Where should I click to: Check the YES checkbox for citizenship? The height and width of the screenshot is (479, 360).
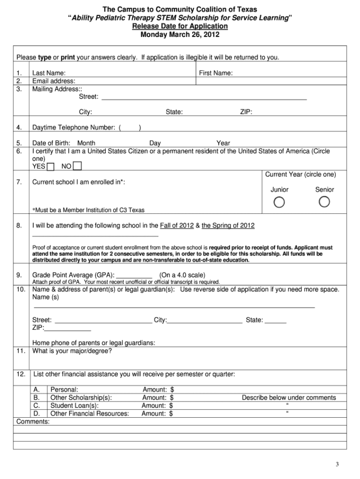pos(51,166)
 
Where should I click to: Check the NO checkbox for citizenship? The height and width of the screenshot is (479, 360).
pos(78,166)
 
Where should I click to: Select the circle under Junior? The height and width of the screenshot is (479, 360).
pos(279,202)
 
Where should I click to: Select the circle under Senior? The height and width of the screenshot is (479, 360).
pos(324,202)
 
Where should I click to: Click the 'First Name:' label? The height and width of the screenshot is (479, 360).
pos(216,73)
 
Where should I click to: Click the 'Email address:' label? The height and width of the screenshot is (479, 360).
pos(54,81)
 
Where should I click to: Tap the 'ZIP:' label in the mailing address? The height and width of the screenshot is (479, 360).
pos(246,112)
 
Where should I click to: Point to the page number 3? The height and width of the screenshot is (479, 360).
pos(337,464)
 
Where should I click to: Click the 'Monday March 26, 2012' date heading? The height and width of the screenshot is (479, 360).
pos(180,35)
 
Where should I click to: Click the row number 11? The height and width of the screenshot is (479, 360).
pos(21,351)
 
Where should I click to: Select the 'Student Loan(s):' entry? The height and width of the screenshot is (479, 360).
pos(75,406)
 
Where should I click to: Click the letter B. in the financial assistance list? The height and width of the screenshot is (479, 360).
pos(37,398)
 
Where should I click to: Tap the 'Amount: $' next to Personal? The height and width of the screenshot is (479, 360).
pos(158,389)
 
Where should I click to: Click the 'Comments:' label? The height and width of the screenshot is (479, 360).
pos(33,422)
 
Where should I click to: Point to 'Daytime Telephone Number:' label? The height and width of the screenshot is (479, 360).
pos(74,128)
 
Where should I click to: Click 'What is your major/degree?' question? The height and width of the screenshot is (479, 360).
pos(72,351)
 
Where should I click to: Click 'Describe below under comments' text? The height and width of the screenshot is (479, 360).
pos(289,398)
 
